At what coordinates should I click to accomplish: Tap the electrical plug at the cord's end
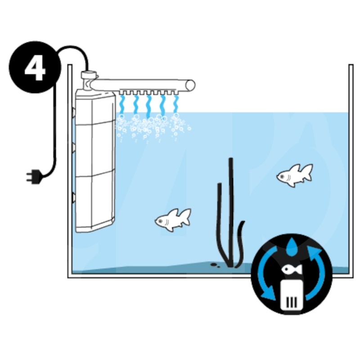point(35,176)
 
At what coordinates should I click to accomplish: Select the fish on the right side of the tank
point(295,175)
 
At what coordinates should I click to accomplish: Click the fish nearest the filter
point(173,220)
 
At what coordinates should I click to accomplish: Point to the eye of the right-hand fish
point(282,176)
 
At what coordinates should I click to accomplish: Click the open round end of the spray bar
point(190,85)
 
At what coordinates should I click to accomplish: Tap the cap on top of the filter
point(89,75)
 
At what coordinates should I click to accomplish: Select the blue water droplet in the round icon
point(292,247)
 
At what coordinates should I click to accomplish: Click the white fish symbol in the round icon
point(292,269)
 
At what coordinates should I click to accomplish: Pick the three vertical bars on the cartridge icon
point(291,302)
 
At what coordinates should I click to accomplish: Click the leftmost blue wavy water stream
point(122,105)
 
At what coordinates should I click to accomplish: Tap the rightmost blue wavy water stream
point(176,105)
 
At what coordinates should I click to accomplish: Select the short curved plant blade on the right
point(240,243)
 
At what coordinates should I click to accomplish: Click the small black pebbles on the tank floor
point(215,265)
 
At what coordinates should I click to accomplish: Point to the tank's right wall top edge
point(351,65)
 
